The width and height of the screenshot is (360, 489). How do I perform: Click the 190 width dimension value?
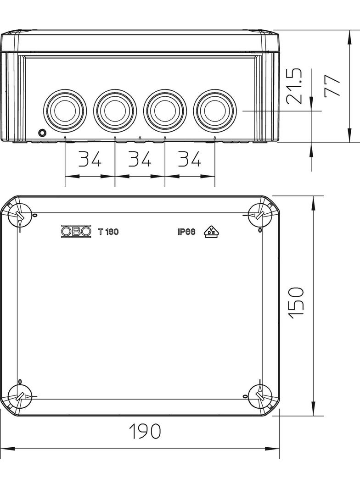pyautogui.click(x=145, y=431)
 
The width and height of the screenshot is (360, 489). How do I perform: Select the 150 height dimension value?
pyautogui.click(x=296, y=303)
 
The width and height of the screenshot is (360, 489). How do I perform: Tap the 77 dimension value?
pyautogui.click(x=332, y=86)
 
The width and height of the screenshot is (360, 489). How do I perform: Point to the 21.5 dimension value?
pyautogui.click(x=295, y=86)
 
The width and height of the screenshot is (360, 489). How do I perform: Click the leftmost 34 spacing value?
pyautogui.click(x=90, y=159)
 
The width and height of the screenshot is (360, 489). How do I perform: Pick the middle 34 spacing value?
pyautogui.click(x=140, y=159)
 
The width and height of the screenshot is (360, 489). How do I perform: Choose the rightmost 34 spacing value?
pyautogui.click(x=190, y=159)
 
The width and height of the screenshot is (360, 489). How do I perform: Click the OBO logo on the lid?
pyautogui.click(x=76, y=231)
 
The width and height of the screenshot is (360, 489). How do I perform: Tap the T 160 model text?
pyautogui.click(x=108, y=232)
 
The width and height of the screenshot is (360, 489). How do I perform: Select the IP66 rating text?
pyautogui.click(x=186, y=232)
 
